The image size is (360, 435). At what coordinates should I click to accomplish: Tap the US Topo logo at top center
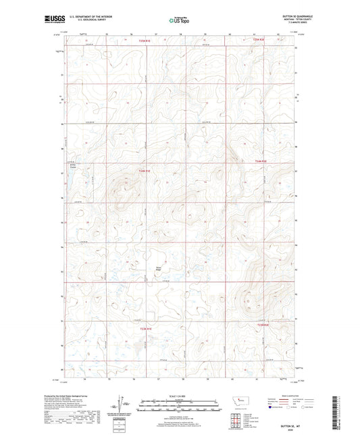click(180, 20)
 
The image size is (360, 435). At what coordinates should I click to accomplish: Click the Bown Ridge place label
click(159, 270)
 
